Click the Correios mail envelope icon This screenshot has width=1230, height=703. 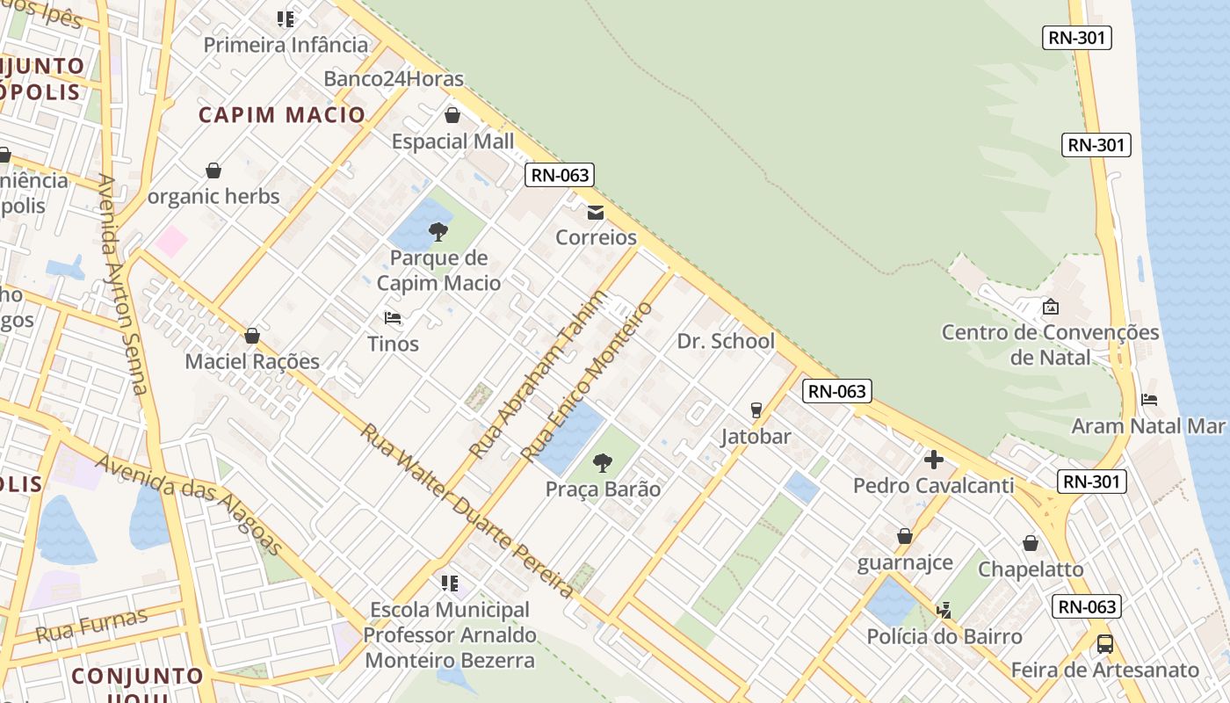(x=596, y=212)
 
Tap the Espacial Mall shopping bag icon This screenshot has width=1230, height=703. (x=452, y=115)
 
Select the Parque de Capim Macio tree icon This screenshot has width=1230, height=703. (x=438, y=232)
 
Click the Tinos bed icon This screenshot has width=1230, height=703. (x=393, y=317)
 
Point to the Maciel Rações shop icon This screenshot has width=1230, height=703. (x=252, y=336)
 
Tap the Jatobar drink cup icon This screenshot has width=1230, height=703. (x=756, y=410)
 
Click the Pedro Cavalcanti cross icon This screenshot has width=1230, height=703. (x=933, y=460)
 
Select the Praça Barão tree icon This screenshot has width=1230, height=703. (x=603, y=462)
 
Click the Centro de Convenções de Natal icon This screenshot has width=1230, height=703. (x=1050, y=307)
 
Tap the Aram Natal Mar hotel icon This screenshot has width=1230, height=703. (x=1149, y=400)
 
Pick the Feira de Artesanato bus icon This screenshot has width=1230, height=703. (x=1105, y=644)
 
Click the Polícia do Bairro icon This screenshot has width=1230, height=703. (x=944, y=609)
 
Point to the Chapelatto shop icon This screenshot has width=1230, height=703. (x=1031, y=543)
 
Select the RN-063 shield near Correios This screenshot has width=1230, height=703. (x=561, y=175)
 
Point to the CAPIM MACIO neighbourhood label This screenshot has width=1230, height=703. (x=281, y=115)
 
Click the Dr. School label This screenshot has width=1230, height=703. (x=726, y=341)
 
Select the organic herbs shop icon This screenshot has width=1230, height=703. (x=213, y=170)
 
